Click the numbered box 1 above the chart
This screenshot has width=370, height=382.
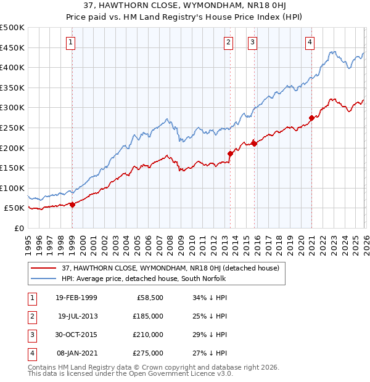click(71, 43)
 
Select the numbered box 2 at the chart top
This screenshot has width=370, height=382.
click(229, 43)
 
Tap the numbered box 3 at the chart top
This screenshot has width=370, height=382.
click(253, 43)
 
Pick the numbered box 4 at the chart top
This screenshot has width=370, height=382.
click(310, 43)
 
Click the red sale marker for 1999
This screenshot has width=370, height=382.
click(73, 205)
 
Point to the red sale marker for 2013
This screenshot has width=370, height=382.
click(230, 153)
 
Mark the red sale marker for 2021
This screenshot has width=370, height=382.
click(311, 118)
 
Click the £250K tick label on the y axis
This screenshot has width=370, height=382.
click(12, 128)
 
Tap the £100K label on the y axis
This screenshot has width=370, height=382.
click(12, 188)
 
